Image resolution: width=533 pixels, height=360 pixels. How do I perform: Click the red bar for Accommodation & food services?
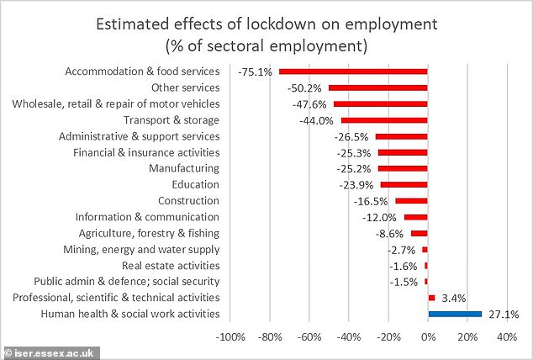(353, 71)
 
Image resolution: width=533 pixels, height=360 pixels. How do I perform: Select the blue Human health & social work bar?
(455, 314)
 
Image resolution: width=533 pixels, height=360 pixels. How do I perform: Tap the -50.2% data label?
(308, 87)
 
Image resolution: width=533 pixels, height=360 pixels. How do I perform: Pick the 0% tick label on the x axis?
(428, 337)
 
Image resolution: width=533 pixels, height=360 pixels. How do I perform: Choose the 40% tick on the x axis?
(507, 337)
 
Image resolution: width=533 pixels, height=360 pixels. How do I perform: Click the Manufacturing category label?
(184, 168)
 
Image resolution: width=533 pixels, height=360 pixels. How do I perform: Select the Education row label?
(195, 184)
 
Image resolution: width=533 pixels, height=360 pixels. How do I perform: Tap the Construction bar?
(412, 201)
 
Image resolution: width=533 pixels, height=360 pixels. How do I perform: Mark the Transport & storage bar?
(384, 120)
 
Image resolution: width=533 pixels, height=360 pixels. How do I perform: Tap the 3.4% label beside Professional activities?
(452, 298)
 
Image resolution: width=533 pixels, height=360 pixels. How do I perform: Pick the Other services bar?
(378, 87)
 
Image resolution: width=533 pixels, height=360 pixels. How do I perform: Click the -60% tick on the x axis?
(309, 337)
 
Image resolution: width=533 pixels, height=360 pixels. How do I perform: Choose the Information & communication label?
(147, 217)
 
